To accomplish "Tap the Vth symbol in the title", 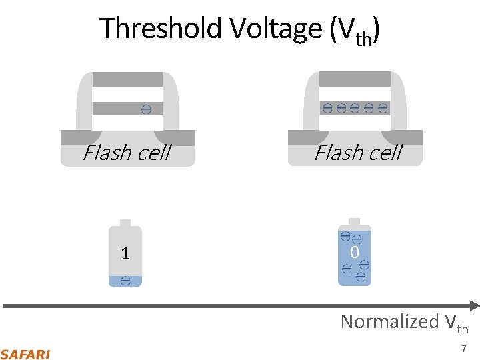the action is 357,31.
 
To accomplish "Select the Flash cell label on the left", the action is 127,153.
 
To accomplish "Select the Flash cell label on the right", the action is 358,153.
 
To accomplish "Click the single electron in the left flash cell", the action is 147,109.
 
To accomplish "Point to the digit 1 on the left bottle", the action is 125,253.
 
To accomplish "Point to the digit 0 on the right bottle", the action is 355,253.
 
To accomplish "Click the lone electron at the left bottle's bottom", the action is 125,281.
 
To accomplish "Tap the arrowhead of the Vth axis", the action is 474,306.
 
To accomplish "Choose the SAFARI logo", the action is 25,354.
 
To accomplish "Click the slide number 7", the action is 463,349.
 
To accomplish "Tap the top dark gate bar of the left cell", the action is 127,79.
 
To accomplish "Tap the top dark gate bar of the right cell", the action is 355,79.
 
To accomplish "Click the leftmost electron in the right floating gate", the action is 327,109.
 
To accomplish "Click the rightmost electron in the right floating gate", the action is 383,109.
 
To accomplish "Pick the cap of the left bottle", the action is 125,223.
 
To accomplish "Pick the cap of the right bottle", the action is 355,222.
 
